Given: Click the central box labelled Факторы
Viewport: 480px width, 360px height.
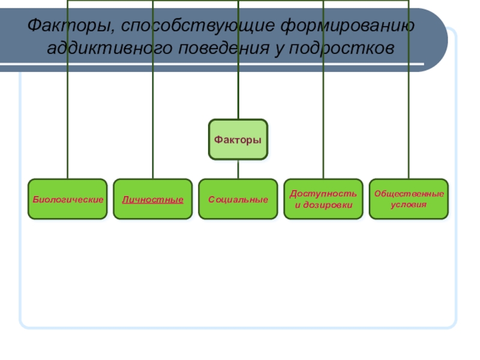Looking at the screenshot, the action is tap(238, 139).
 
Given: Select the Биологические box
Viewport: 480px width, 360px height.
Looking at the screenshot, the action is tap(68, 199).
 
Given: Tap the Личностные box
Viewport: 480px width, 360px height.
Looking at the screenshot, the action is tap(153, 199).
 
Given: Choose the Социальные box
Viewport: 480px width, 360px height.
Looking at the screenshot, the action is tap(238, 199).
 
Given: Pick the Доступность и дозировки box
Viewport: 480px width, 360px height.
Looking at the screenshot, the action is tap(323, 199).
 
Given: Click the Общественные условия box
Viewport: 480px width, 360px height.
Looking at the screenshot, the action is tap(409, 199).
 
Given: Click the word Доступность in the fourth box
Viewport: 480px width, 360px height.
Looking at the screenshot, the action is tap(323, 194).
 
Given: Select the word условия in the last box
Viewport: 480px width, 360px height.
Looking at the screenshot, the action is tap(409, 205).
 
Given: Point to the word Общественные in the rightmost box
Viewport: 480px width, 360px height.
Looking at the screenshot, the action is tap(409, 194).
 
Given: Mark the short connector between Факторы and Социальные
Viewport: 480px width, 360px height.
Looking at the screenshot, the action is tap(238, 169).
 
